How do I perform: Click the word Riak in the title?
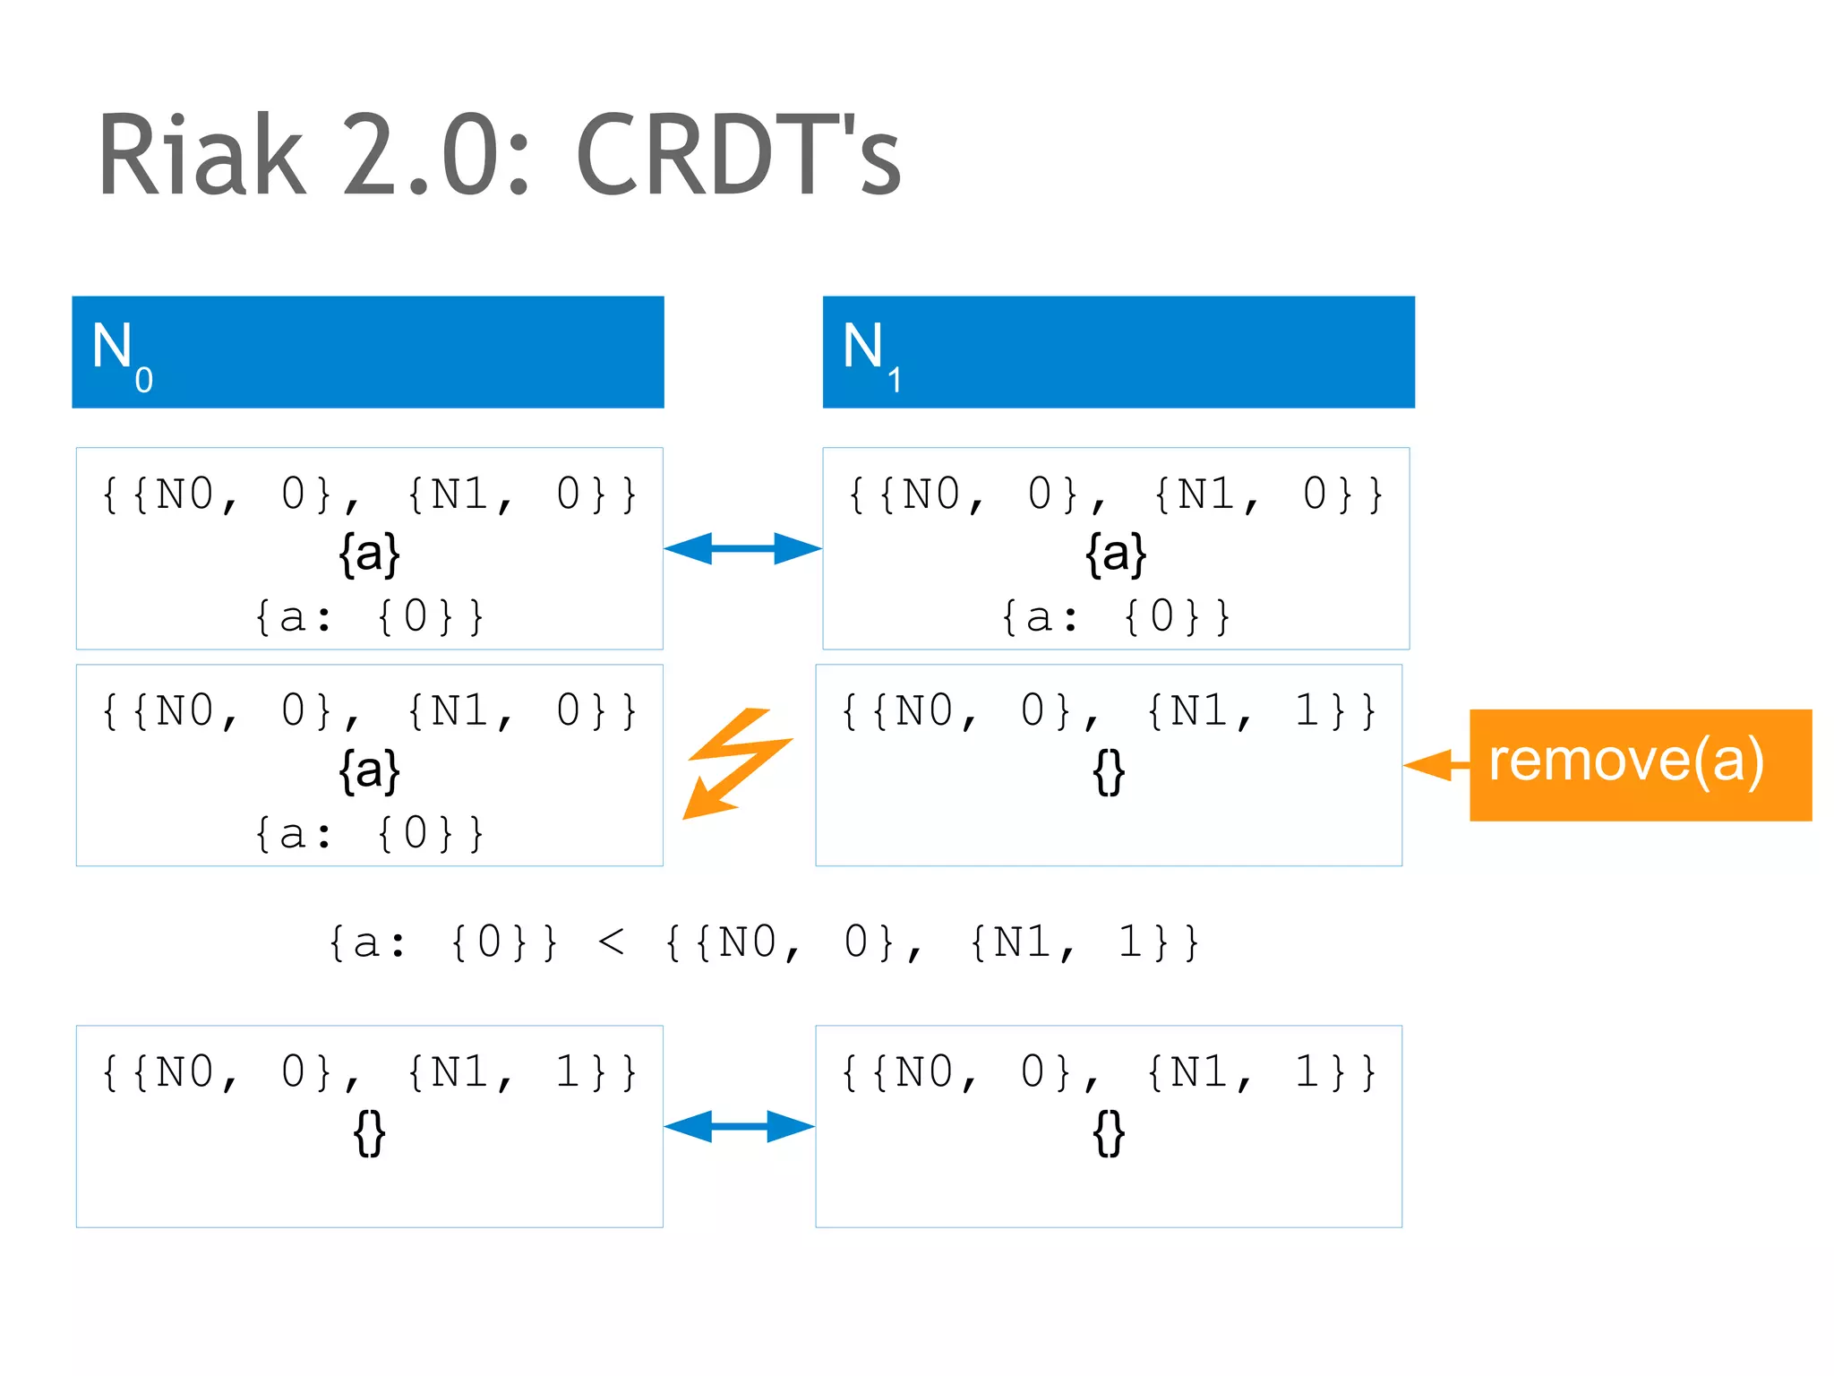pos(202,156)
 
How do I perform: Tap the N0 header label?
pos(121,354)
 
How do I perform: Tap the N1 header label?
pos(870,354)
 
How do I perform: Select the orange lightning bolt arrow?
pos(737,762)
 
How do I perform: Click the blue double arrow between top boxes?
pos(742,548)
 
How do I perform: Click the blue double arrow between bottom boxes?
pos(739,1126)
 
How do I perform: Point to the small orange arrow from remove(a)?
pos(1436,765)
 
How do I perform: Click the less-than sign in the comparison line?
pos(611,942)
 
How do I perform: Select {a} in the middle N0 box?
pos(369,770)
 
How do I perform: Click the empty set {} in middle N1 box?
pos(1109,772)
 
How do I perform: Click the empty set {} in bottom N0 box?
pos(369,1133)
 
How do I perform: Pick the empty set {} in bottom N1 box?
pos(1109,1133)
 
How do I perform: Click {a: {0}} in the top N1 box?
pos(1115,617)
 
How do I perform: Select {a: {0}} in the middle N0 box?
pos(369,834)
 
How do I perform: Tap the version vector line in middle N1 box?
pos(1109,712)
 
